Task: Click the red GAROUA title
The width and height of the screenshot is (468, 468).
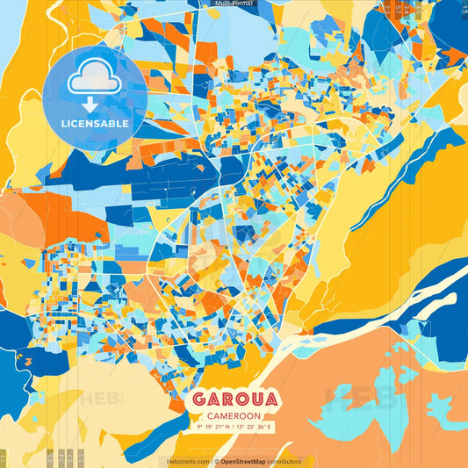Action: coord(234,400)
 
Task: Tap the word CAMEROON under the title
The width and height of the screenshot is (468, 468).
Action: coord(234,416)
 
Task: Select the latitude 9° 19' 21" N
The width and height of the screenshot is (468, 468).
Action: coord(211,428)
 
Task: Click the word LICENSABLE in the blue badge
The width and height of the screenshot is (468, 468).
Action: coord(95,124)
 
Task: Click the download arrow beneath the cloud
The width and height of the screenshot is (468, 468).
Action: coord(90,104)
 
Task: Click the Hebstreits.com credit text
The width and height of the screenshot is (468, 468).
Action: coord(188,461)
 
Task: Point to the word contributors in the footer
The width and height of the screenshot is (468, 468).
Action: coord(284,461)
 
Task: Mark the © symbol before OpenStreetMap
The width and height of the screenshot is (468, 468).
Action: coord(217,461)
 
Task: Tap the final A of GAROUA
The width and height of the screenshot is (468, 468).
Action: coord(271,400)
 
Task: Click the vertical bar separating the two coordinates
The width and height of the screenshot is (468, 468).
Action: coord(234,428)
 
